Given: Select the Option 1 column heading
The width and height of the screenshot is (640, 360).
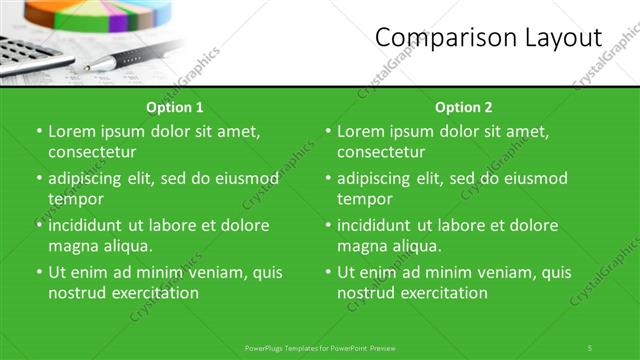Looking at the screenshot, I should click(175, 107).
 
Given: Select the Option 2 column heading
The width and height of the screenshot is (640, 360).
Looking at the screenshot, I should click(464, 107).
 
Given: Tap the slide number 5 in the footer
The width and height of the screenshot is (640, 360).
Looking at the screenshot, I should click(590, 347).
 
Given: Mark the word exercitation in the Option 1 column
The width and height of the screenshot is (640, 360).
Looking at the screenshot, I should click(153, 293).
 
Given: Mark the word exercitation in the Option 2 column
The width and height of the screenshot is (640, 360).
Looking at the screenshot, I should click(442, 293).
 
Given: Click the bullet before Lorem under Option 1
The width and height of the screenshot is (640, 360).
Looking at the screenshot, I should click(39, 131).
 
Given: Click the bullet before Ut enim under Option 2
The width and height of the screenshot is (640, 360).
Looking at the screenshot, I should click(328, 272).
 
